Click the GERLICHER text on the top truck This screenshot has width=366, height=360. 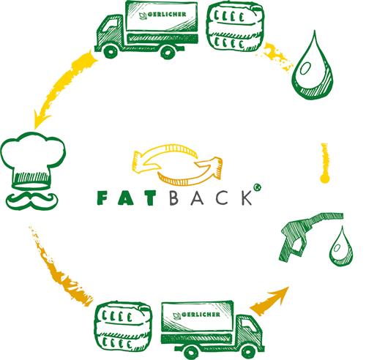point(167,15)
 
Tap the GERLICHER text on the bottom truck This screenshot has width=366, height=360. point(201,315)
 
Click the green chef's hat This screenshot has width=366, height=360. point(33,160)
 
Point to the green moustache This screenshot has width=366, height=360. point(32,200)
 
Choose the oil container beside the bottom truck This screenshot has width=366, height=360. point(123,326)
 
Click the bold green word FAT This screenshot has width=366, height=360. point(126,198)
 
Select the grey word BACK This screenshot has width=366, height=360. point(211,198)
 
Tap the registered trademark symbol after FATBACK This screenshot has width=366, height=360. point(258,187)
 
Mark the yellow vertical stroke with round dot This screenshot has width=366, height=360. point(324,163)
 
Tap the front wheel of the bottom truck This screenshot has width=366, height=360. point(247,352)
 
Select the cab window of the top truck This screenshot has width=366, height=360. point(109,26)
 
